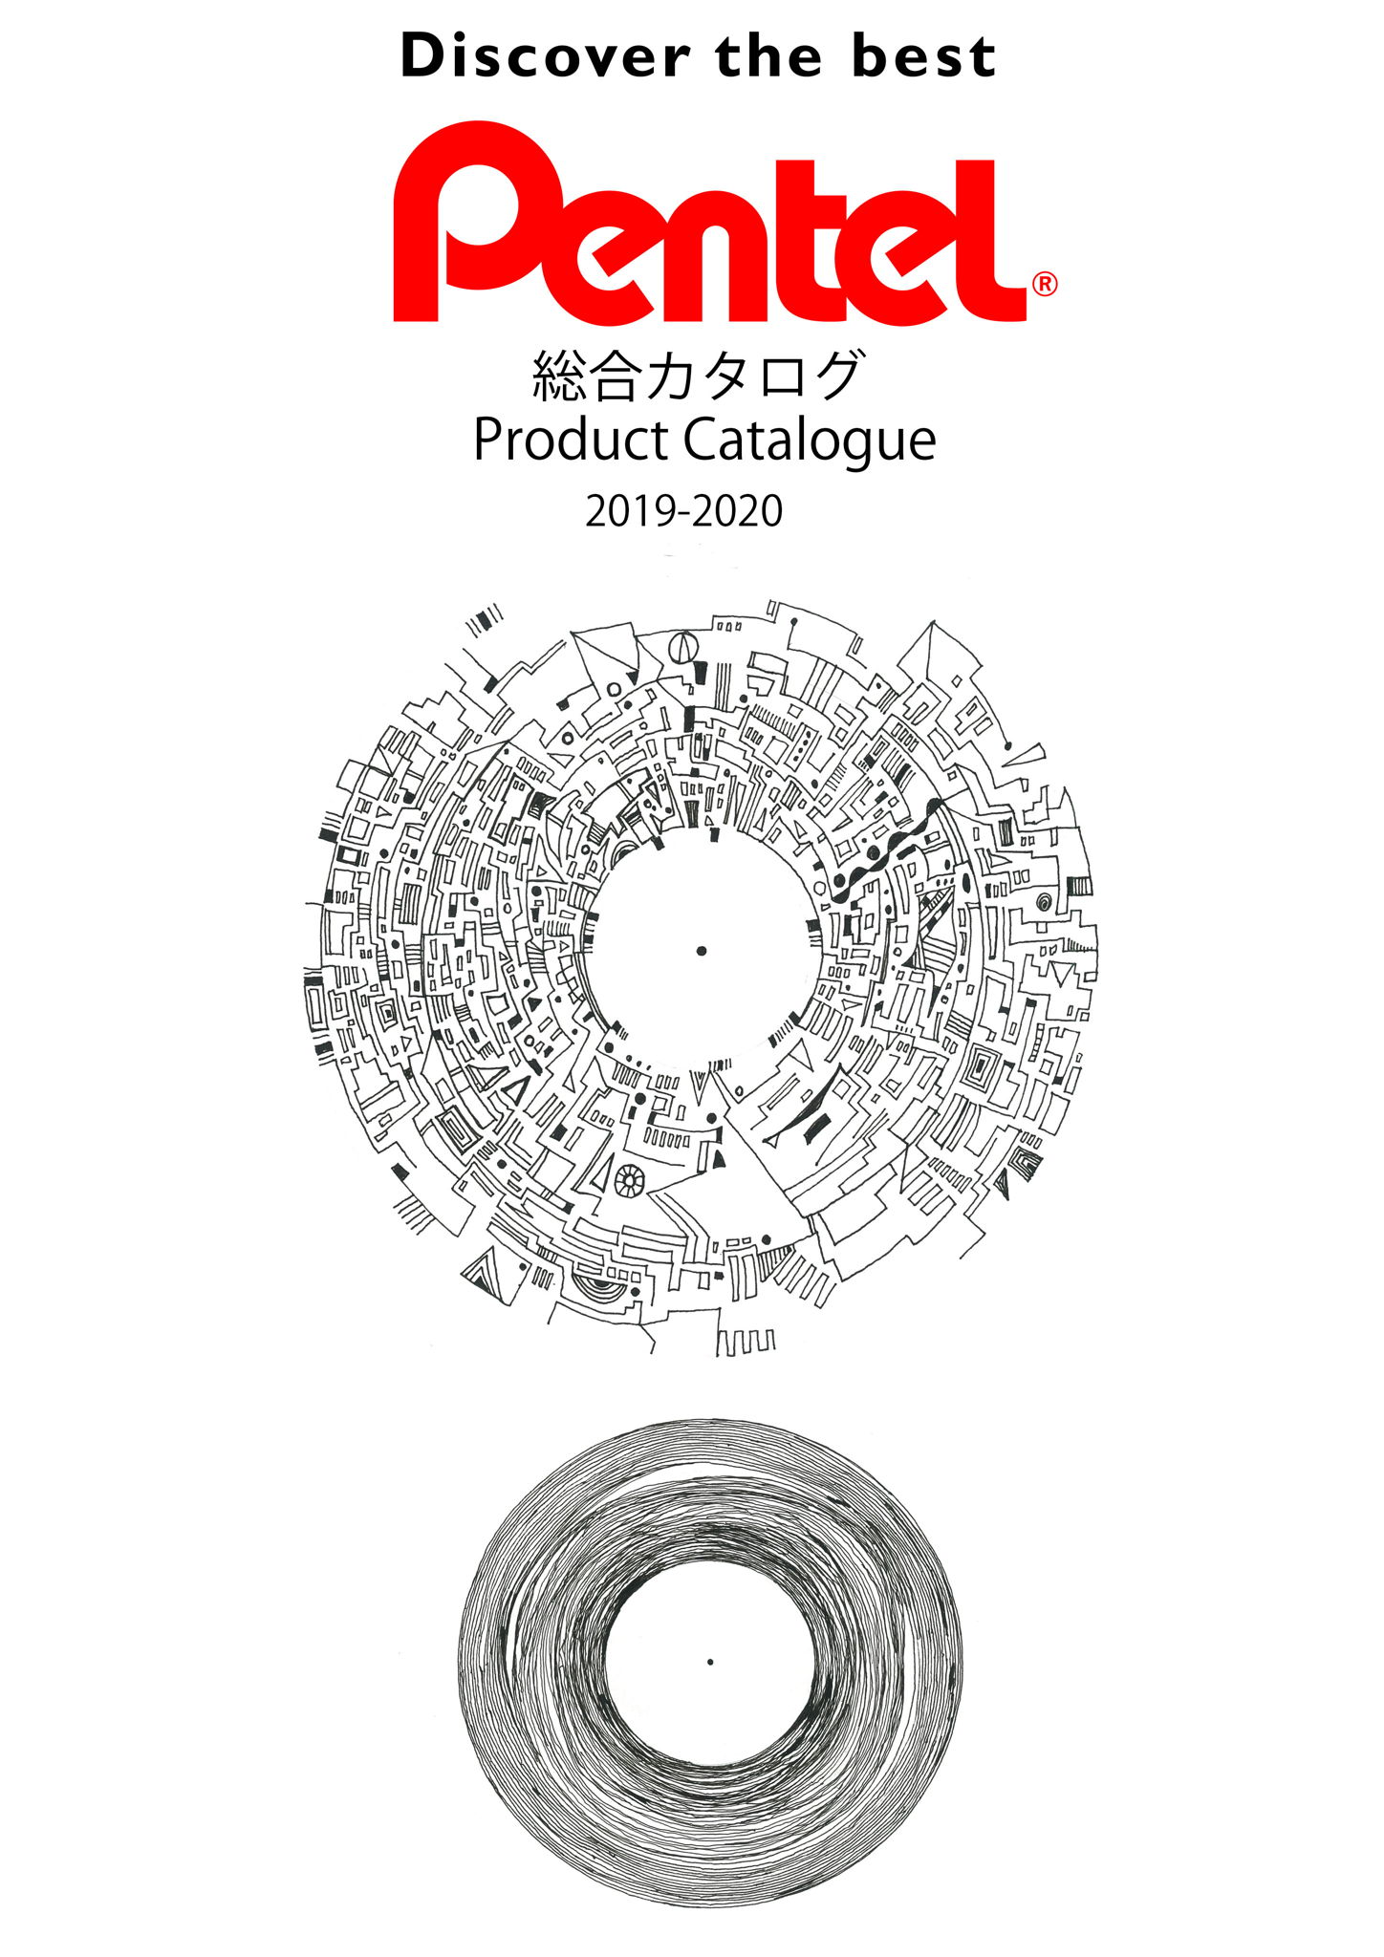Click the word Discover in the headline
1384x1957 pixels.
point(545,56)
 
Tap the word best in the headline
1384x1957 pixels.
point(923,56)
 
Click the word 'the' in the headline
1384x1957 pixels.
point(768,56)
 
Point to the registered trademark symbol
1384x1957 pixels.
point(1045,284)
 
